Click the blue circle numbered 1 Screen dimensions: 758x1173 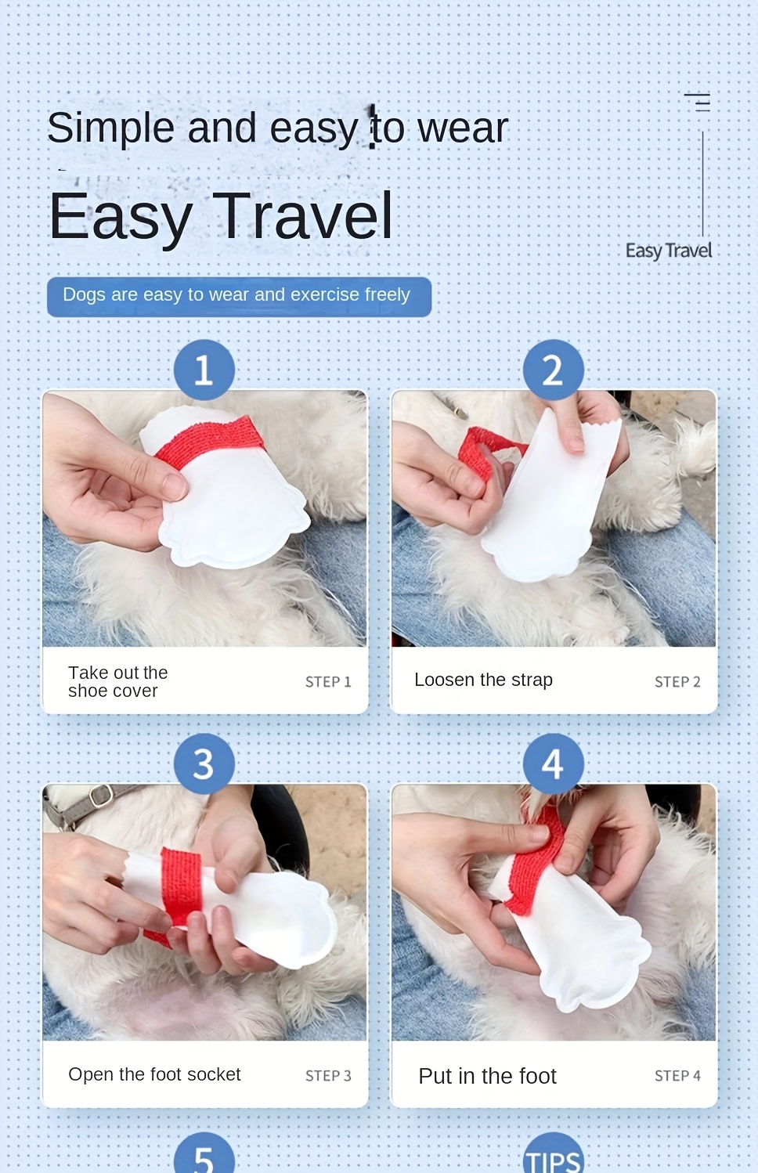204,370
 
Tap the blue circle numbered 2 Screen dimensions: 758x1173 553,370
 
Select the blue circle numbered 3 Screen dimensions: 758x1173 204,763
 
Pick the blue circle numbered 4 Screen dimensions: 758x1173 553,763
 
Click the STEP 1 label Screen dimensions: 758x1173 328,682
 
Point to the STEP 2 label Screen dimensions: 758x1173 677,682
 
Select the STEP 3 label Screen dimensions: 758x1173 328,1076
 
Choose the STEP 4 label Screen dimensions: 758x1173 677,1076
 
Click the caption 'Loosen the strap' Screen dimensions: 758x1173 483,680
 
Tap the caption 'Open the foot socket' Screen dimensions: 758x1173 154,1074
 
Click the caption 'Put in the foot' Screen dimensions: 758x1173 487,1076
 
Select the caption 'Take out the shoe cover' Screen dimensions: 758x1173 118,681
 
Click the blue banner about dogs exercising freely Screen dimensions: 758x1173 240,297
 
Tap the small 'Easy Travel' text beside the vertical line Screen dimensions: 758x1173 669,251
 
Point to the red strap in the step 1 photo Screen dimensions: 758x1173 210,441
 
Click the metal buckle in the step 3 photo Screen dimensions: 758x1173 100,796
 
